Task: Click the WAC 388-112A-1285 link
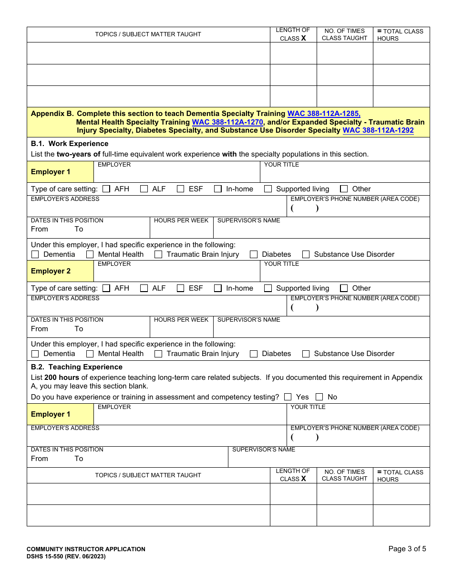(324, 114)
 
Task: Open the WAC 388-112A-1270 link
(227, 122)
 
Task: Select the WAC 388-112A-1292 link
(378, 130)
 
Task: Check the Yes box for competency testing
(288, 397)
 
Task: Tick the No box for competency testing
(319, 397)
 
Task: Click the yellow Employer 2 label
(51, 271)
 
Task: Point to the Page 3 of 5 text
(407, 549)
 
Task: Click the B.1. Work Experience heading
(70, 144)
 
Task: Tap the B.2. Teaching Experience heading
(77, 367)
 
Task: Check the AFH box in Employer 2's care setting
(106, 288)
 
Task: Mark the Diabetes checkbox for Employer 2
(254, 354)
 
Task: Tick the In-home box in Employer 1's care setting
(218, 189)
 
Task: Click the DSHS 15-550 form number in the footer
(66, 556)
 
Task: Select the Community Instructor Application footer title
(86, 549)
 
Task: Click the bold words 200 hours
(62, 377)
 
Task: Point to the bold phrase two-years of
(78, 154)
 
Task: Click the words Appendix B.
(52, 114)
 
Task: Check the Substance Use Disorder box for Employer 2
(306, 354)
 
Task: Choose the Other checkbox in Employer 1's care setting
(344, 189)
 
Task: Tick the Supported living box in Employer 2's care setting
(268, 288)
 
